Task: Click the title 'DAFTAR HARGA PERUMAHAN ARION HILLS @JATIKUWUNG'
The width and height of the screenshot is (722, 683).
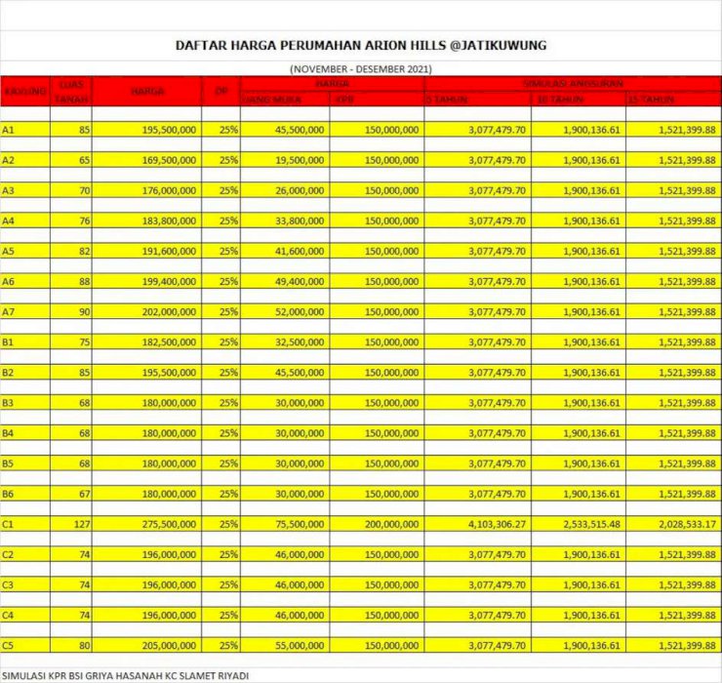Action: coord(361,45)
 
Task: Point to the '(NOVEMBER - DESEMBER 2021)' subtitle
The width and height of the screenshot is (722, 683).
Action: coord(361,69)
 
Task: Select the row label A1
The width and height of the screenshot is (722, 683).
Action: coord(9,130)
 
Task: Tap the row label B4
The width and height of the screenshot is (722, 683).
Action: coord(9,433)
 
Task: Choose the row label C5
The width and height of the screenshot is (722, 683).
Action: coord(9,646)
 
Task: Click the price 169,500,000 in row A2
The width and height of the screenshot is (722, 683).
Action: coord(169,160)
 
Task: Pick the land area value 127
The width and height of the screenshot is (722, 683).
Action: coord(80,525)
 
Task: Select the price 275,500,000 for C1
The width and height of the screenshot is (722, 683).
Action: coord(169,525)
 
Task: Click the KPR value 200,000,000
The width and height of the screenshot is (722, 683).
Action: coord(390,525)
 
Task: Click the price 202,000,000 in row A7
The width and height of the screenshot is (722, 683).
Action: coord(169,312)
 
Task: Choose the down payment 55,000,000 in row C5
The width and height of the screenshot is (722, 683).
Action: coord(300,646)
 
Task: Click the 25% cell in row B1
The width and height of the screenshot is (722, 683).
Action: coord(228,342)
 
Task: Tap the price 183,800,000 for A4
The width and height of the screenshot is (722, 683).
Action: coord(169,221)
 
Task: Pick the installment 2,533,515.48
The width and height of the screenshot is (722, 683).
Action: coord(591,525)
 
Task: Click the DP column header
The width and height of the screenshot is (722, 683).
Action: coord(221,92)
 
